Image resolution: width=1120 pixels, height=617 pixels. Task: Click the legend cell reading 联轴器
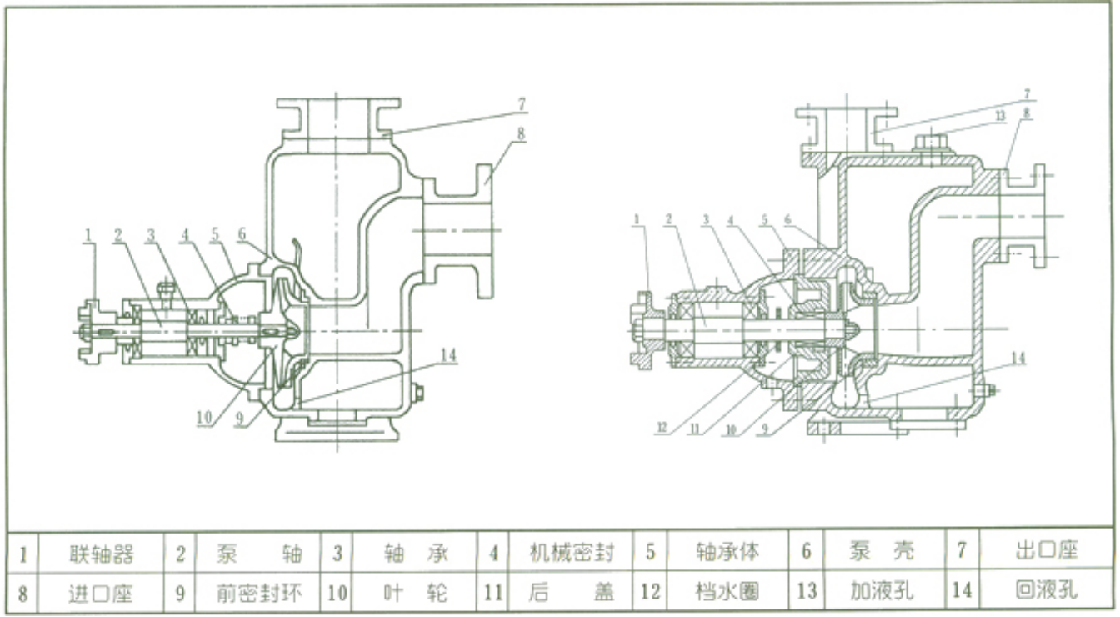click(100, 552)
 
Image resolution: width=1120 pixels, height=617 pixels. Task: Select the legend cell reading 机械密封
click(572, 552)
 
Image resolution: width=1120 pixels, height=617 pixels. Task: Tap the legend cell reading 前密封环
click(259, 592)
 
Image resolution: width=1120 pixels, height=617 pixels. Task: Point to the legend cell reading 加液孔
click(882, 591)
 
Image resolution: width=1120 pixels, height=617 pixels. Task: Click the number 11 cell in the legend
click(493, 592)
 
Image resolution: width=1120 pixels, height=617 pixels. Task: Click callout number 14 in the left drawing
click(448, 355)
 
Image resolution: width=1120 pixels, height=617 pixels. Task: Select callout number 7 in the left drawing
click(522, 104)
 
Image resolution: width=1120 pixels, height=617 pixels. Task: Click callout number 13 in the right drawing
click(1000, 116)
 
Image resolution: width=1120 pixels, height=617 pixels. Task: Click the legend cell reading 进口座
click(100, 592)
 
